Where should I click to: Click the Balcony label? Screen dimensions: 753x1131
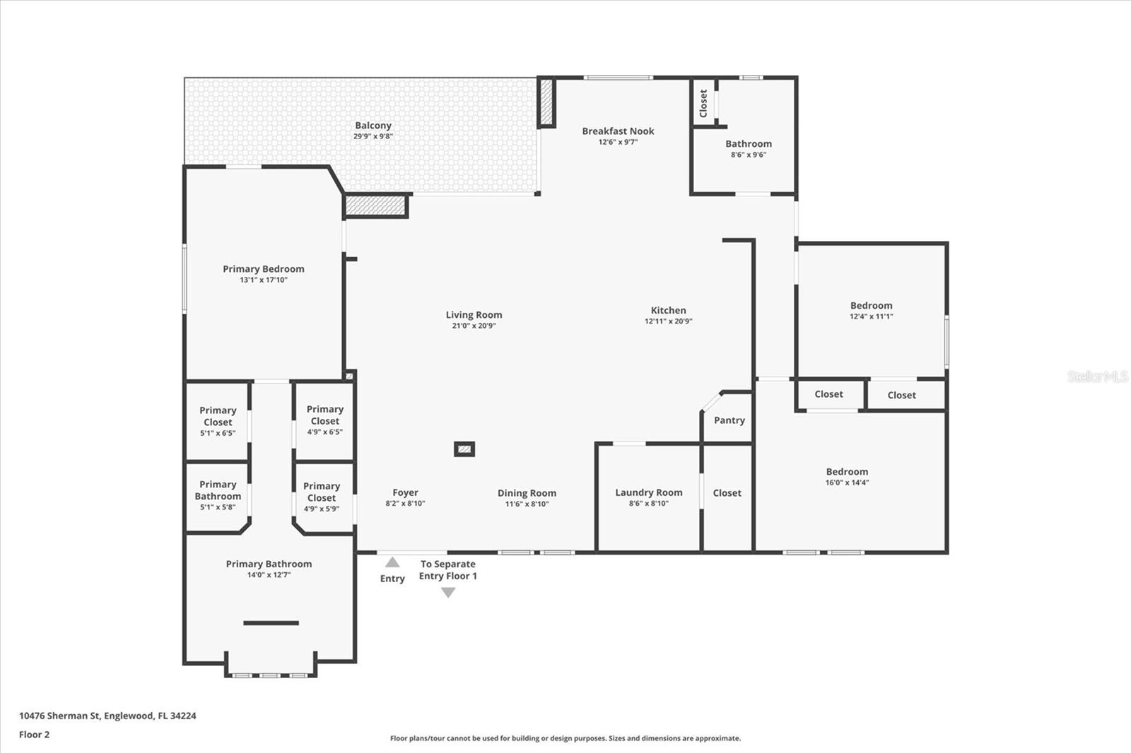pos(373,126)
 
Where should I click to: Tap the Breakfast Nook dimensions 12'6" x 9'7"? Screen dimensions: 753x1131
pos(618,142)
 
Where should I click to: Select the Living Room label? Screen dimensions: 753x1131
pos(474,315)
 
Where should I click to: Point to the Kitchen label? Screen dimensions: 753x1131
pos(668,310)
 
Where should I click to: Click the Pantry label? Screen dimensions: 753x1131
pos(729,420)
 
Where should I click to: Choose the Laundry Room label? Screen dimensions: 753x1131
pos(648,492)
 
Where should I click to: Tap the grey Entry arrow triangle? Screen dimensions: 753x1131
pos(392,562)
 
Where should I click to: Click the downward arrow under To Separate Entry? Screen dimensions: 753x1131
pos(448,593)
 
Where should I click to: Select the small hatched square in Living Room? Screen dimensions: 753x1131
pos(464,449)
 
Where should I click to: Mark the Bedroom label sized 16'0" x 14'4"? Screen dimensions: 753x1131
pos(847,472)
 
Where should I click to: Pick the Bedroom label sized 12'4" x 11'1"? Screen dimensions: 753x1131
pos(871,306)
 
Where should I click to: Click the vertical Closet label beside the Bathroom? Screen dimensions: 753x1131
pos(703,103)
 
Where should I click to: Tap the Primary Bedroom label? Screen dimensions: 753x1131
pos(263,269)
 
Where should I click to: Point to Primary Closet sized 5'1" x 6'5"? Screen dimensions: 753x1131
pos(218,417)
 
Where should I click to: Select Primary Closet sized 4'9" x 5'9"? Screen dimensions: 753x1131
pos(322,492)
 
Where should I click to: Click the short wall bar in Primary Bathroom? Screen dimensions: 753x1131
pos(271,622)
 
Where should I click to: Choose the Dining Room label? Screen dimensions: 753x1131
pos(527,493)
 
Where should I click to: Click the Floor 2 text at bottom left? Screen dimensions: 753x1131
pos(34,735)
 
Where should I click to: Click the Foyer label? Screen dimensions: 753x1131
pos(405,493)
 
